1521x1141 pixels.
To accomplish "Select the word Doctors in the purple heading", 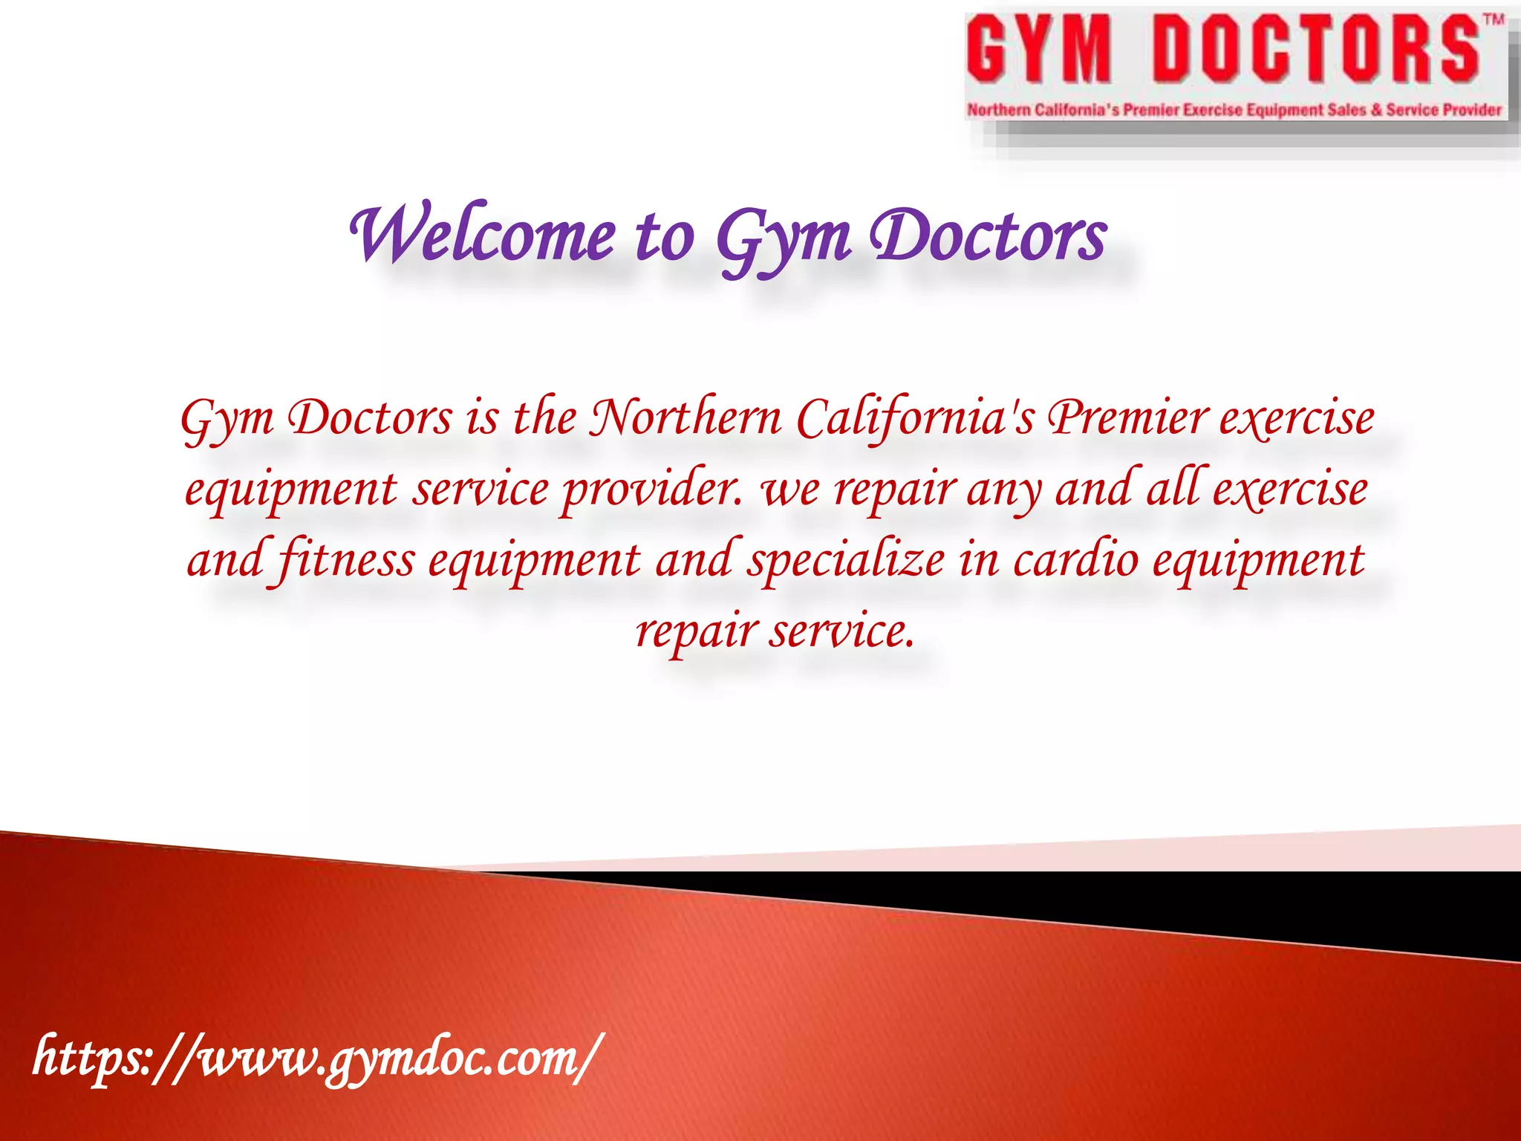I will (988, 236).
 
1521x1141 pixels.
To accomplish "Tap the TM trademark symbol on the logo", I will (1494, 21).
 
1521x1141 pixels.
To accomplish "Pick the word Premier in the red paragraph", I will (1127, 418).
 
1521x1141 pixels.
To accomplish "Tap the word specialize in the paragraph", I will (846, 562).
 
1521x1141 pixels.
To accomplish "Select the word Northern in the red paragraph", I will (685, 418).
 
